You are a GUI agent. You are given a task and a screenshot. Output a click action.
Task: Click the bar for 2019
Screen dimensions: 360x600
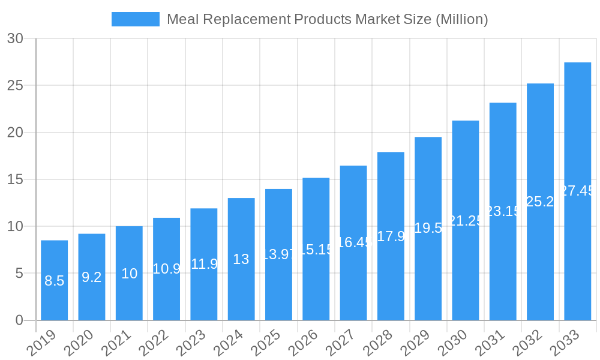click(54, 280)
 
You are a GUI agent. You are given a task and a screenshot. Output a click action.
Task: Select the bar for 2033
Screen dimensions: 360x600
click(577, 191)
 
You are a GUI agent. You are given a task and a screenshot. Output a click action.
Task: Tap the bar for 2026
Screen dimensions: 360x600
click(316, 249)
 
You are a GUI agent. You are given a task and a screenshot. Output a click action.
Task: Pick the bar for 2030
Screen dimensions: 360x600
click(466, 220)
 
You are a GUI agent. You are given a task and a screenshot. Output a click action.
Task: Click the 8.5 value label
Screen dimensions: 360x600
click(54, 281)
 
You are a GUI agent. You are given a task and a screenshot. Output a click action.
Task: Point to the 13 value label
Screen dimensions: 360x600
click(241, 259)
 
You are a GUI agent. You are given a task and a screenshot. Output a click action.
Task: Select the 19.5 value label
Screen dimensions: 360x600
click(428, 228)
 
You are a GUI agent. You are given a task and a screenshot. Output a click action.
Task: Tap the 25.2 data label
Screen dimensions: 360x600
click(540, 202)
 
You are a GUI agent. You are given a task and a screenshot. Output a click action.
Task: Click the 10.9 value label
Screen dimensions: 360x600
click(166, 269)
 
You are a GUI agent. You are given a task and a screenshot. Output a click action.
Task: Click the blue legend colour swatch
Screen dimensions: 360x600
click(136, 19)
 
